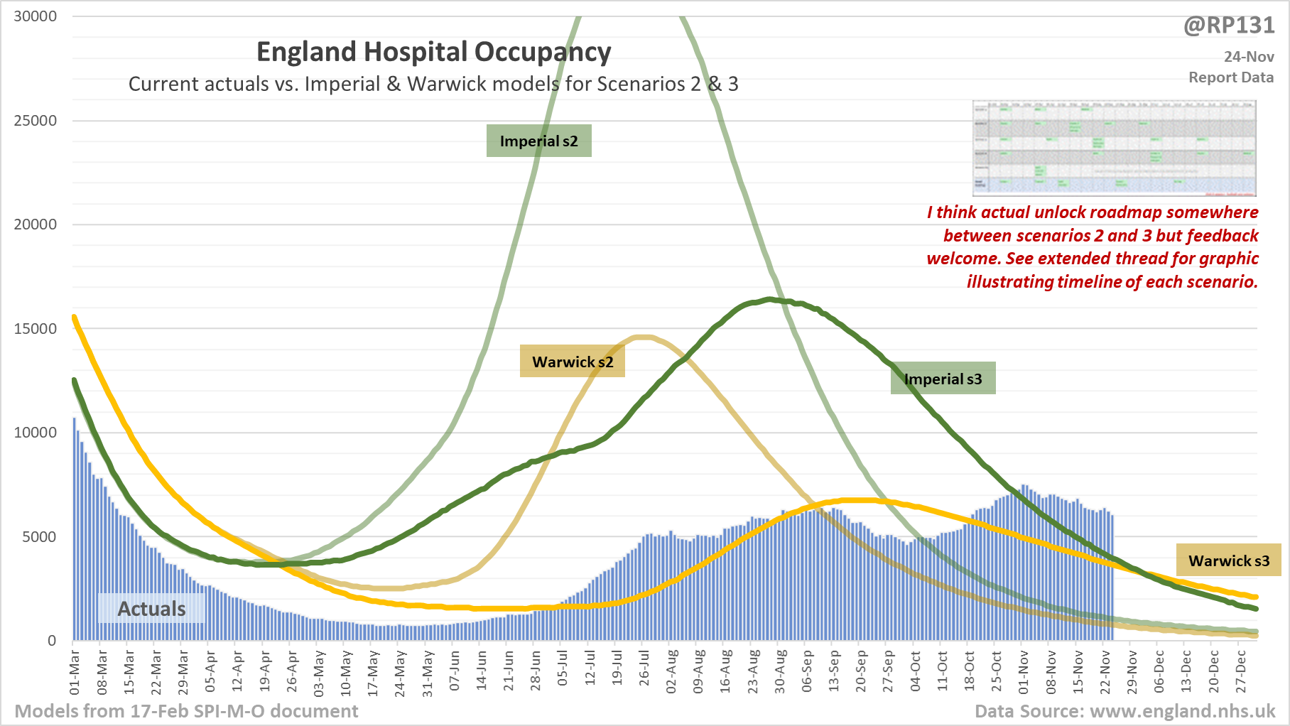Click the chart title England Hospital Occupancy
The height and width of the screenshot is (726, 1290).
[433, 53]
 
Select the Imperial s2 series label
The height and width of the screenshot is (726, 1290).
[539, 141]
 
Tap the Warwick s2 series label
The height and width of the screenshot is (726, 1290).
[573, 362]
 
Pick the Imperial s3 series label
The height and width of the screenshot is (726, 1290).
[943, 379]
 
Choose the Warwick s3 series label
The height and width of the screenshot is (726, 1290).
[1229, 560]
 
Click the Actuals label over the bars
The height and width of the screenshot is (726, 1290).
[151, 609]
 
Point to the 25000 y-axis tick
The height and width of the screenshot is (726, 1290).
[36, 120]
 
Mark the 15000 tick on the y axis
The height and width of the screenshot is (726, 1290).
[36, 328]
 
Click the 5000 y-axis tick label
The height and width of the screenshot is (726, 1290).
[39, 536]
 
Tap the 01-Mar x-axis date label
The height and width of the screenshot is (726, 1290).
[75, 671]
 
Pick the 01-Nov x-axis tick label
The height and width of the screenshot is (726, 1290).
[1024, 671]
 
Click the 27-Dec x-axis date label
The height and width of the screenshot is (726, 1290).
[1241, 671]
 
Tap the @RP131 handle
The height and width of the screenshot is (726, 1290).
[1229, 26]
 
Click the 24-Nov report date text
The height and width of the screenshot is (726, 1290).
[1249, 57]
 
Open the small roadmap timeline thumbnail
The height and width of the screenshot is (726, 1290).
[1114, 148]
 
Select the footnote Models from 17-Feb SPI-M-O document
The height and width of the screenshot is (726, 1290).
[187, 711]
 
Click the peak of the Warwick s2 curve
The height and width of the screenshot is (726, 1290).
[646, 337]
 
